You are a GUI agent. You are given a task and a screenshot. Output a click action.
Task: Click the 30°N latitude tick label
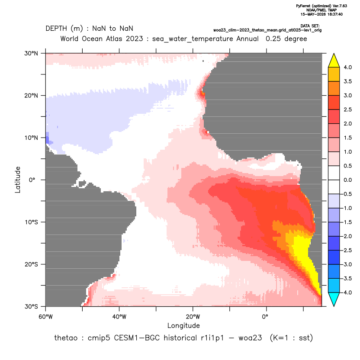[31, 53]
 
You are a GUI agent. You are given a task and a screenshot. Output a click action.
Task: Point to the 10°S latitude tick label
[31, 222]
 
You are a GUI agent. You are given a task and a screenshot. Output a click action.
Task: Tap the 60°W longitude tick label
[45, 317]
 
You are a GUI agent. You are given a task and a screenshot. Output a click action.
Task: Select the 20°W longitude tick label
[193, 317]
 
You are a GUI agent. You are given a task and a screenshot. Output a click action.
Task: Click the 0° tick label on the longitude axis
[265, 317]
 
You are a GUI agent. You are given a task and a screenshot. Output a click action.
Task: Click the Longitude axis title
[183, 325]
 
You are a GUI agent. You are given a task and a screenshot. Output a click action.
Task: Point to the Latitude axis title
[18, 180]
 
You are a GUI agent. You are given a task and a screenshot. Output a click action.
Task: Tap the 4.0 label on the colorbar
[348, 67]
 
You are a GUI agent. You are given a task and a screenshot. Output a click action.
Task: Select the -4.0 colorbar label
[347, 292]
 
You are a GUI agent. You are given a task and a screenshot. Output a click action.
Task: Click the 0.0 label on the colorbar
[348, 180]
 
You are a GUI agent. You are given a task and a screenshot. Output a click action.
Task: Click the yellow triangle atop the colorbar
[334, 61]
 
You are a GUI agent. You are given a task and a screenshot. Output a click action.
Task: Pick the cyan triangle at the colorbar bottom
[334, 299]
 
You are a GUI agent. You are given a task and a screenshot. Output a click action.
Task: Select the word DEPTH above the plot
[56, 29]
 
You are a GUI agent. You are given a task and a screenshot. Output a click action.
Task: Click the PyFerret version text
[321, 6]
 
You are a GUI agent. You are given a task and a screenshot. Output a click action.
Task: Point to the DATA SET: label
[310, 26]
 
